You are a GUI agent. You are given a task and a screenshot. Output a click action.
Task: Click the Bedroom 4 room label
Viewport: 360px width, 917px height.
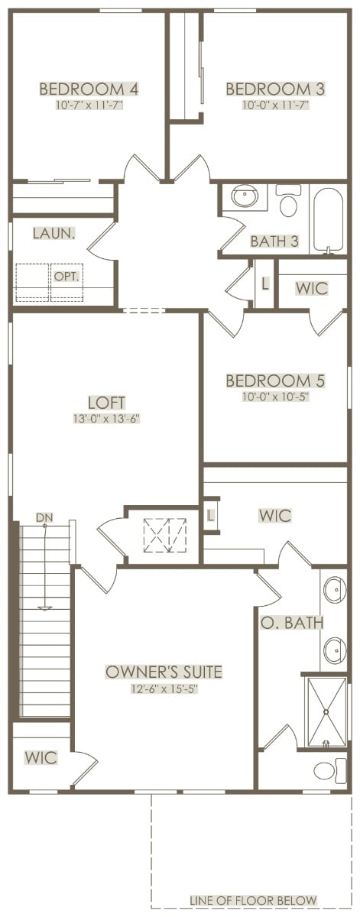(89, 89)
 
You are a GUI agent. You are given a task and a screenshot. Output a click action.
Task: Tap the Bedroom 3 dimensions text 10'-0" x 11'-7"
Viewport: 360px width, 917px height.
(275, 105)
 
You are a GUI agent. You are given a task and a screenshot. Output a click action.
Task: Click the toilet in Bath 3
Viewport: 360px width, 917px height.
(288, 200)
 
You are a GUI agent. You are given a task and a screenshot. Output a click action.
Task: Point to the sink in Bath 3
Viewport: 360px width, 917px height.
(245, 196)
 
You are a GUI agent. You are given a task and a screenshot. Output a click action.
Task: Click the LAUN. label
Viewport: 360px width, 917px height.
(54, 234)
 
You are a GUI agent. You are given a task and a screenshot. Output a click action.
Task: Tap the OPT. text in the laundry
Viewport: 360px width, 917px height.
(66, 277)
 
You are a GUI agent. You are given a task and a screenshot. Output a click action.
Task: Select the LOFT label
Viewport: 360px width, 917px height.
(106, 403)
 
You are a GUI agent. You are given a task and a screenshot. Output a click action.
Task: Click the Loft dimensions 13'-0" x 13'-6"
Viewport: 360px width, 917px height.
(106, 419)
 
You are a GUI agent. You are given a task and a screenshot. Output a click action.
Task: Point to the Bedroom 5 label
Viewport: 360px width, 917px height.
(275, 381)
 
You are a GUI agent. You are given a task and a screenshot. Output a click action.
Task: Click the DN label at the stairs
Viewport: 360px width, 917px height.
(44, 517)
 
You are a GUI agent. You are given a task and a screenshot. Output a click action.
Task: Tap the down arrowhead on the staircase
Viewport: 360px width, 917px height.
(44, 608)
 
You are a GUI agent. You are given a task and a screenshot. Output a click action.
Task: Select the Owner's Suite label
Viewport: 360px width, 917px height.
(164, 672)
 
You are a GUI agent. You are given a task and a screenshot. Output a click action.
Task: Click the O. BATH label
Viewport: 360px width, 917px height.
(292, 623)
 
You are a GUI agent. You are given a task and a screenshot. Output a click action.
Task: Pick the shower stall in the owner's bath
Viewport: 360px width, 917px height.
(326, 713)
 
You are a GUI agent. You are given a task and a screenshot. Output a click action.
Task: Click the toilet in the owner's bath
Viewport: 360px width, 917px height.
(330, 770)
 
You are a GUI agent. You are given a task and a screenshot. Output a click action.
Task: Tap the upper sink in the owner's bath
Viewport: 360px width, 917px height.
(335, 590)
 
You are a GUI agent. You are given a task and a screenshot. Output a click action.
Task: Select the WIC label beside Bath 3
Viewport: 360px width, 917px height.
(312, 288)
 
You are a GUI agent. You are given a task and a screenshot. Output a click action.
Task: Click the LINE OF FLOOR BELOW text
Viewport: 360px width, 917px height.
(253, 900)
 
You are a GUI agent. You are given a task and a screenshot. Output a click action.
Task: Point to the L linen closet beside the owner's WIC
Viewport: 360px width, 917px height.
(210, 515)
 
